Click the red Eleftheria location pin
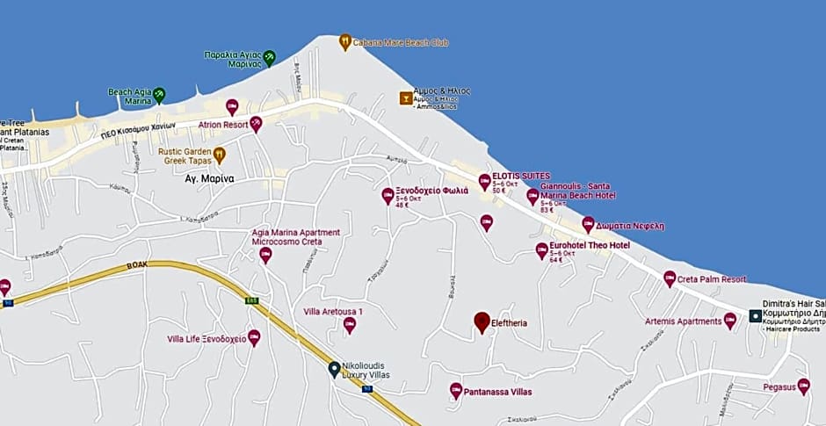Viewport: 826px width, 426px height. pyautogui.click(x=482, y=322)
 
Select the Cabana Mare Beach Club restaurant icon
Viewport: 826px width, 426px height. pyautogui.click(x=345, y=40)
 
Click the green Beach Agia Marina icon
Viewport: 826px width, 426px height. pyautogui.click(x=159, y=95)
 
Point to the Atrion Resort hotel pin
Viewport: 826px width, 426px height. pyautogui.click(x=256, y=123)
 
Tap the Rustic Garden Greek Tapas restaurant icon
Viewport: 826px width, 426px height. pyautogui.click(x=220, y=155)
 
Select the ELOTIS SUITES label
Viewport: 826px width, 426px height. pyautogui.click(x=521, y=176)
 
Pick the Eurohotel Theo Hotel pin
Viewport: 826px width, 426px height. pyautogui.click(x=542, y=250)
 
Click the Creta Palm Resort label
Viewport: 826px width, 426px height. pyautogui.click(x=712, y=279)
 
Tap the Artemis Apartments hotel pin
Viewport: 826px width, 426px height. pyautogui.click(x=729, y=321)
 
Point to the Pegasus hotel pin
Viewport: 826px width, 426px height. pyautogui.click(x=803, y=386)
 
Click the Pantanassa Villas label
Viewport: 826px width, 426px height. pyautogui.click(x=497, y=392)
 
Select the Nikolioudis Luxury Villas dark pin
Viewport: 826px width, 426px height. pyautogui.click(x=334, y=369)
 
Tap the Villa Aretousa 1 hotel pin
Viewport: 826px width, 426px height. pyautogui.click(x=349, y=325)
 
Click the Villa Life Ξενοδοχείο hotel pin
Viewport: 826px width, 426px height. pyautogui.click(x=254, y=337)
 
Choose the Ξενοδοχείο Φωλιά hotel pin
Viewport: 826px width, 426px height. pyautogui.click(x=388, y=195)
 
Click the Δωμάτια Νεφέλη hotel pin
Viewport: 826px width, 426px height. pyautogui.click(x=588, y=224)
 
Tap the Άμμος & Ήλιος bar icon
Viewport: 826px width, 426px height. pyautogui.click(x=406, y=97)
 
